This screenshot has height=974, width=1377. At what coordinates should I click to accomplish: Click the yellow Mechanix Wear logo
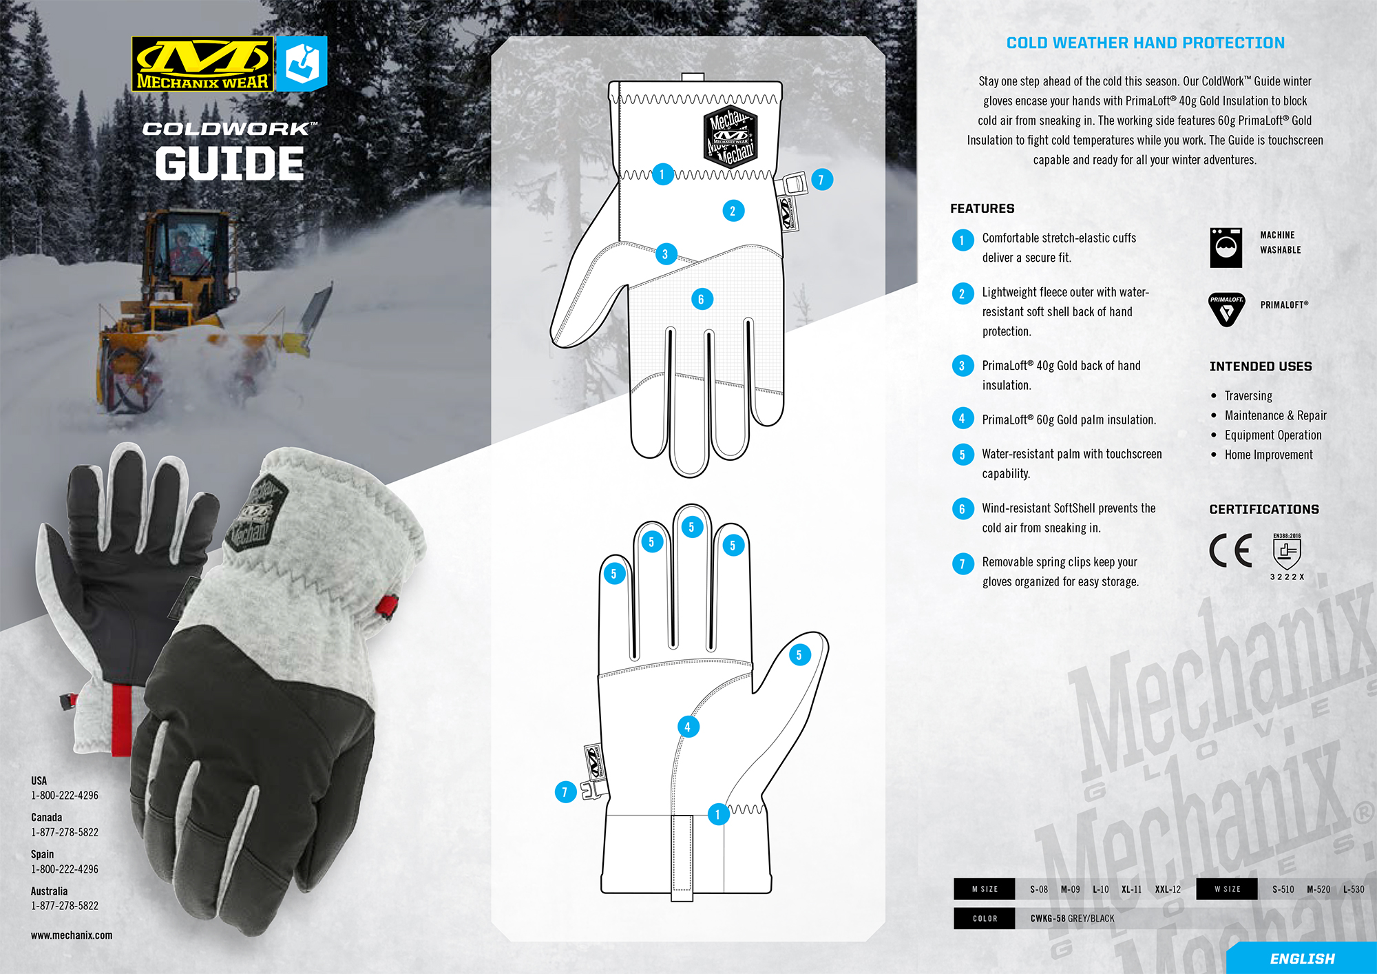tap(202, 64)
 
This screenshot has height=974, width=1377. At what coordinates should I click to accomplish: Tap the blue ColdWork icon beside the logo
tap(302, 64)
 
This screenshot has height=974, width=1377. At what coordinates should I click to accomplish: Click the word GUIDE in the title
tap(230, 164)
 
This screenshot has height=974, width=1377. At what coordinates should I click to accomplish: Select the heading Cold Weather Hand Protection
tap(1145, 43)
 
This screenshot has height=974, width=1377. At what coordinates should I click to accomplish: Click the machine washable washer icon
tap(1226, 247)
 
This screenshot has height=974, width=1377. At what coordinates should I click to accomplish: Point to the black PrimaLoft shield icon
tap(1226, 309)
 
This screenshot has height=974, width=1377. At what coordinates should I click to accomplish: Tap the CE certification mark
tap(1230, 550)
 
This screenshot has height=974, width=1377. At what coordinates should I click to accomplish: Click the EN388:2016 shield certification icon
tap(1286, 551)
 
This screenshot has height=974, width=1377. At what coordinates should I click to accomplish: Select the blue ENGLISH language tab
tap(1302, 958)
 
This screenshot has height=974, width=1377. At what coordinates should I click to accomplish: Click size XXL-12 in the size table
tap(1168, 889)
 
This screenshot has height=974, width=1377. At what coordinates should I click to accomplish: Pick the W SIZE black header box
tap(1227, 889)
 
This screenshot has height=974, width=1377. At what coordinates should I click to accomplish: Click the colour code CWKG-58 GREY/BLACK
tap(1072, 918)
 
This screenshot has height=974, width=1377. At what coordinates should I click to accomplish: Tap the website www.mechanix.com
tap(72, 935)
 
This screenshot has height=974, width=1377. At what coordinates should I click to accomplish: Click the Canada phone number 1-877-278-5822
tap(65, 832)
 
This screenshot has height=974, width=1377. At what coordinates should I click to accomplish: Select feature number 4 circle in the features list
tap(962, 419)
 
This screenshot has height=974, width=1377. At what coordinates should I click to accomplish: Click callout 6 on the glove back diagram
tap(702, 299)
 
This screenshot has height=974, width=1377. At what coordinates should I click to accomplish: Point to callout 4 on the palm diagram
tap(687, 726)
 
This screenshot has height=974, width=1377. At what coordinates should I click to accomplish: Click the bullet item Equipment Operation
tap(1272, 435)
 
